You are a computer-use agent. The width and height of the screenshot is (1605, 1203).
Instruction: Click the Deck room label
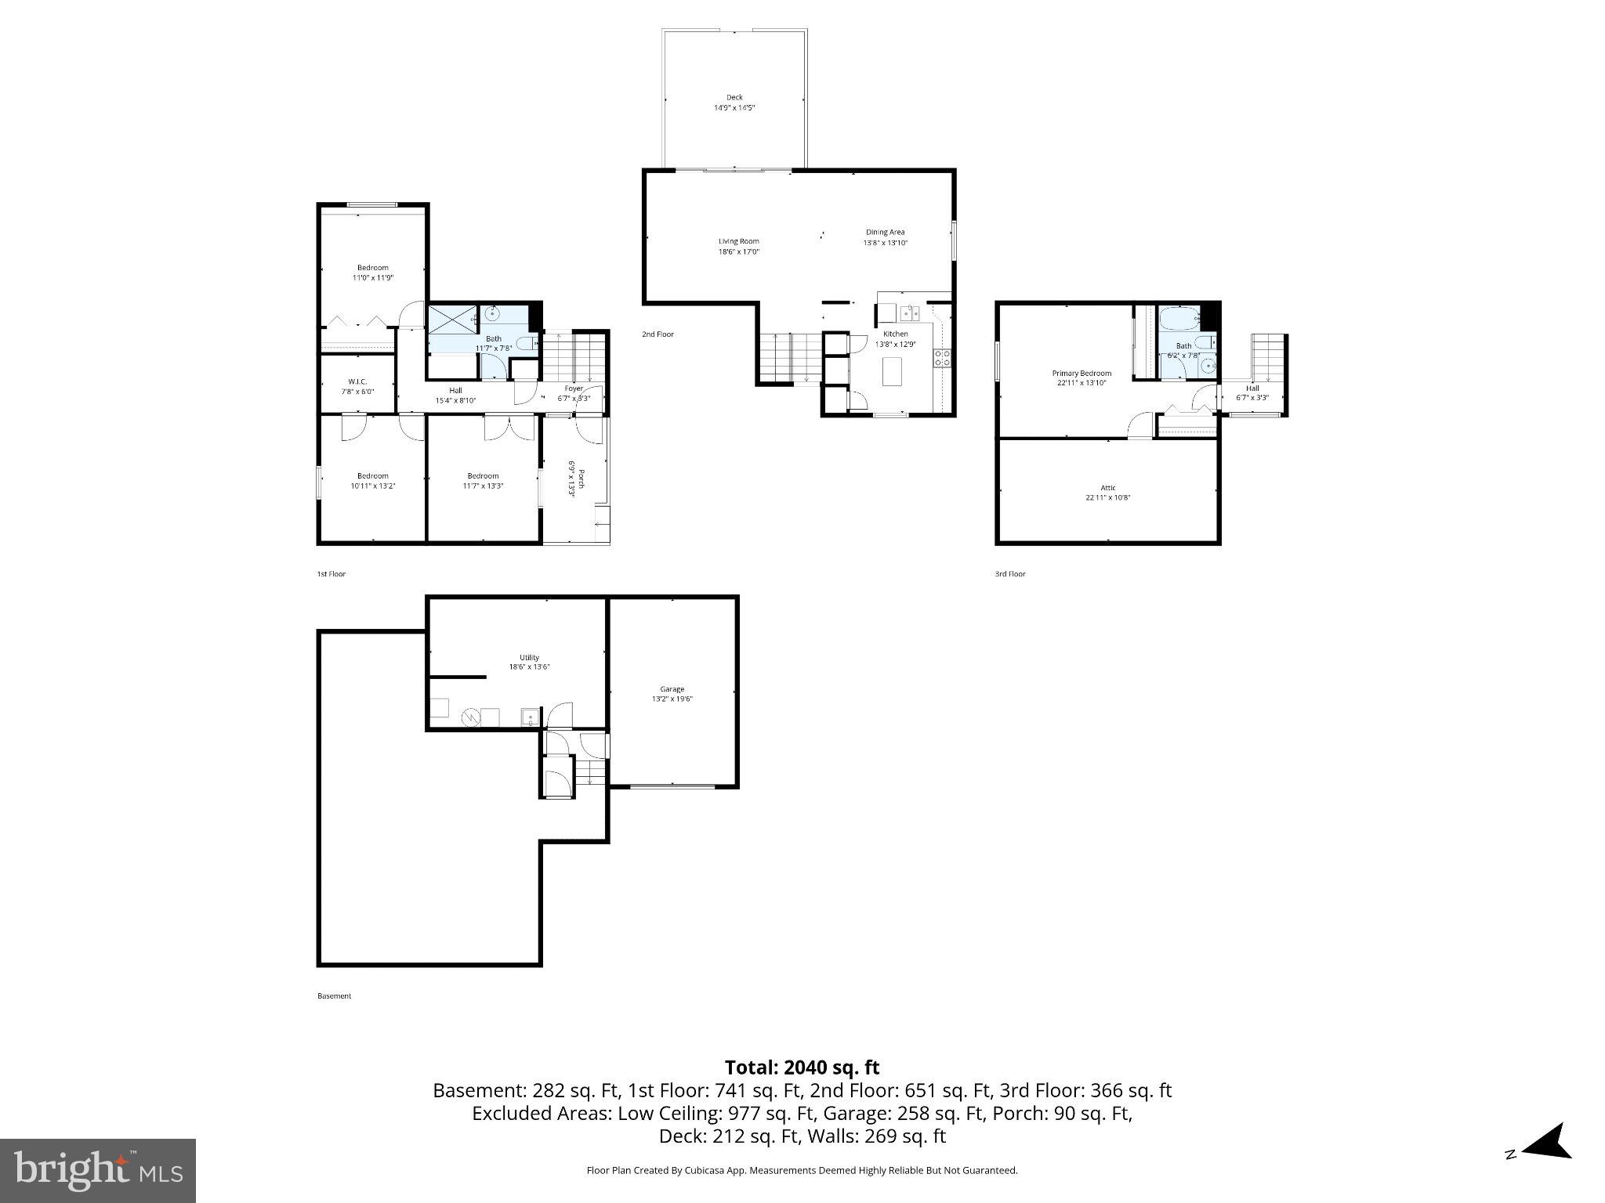pos(734,98)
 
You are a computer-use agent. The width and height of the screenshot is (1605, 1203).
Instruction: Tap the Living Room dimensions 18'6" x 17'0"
pos(739,252)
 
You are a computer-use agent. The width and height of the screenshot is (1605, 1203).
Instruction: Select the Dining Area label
pos(885,232)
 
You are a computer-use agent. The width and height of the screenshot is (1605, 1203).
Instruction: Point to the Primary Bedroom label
pos(1081,374)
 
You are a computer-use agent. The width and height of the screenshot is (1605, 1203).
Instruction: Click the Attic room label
pos(1107,488)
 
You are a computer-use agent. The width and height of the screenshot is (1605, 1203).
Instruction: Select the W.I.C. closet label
pos(357,381)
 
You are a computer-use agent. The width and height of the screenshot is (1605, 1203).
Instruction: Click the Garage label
pos(672,689)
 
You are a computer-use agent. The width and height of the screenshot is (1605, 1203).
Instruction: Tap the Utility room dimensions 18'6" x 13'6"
pos(529,668)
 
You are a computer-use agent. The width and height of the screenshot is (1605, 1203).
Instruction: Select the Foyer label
pos(574,388)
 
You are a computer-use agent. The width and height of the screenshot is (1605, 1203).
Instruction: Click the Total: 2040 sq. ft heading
pos(802,1068)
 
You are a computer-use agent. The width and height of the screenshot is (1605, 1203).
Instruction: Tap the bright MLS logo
pos(98,1170)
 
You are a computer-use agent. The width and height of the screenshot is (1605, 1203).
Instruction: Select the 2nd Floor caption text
pos(658,334)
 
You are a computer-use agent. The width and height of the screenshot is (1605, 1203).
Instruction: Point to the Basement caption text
pos(334,996)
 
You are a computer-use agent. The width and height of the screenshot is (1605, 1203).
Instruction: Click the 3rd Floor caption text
pos(1010,574)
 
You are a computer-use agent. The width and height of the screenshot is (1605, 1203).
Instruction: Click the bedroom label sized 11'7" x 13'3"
pos(483,476)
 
